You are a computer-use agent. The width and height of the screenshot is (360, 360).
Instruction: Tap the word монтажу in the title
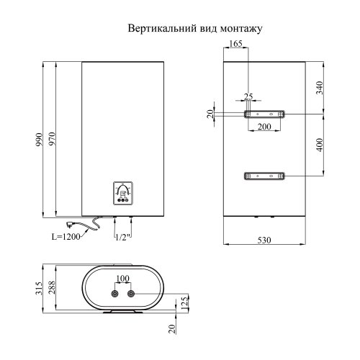point(240,29)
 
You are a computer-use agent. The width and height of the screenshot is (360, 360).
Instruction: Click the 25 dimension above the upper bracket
point(248,97)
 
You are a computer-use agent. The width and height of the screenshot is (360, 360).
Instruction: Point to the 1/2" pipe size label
point(122,236)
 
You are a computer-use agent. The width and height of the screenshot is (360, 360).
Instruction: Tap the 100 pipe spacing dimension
point(122,279)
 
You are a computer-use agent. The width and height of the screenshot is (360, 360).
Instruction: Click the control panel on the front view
point(123,192)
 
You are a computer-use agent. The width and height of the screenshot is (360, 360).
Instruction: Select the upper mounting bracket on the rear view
point(264,114)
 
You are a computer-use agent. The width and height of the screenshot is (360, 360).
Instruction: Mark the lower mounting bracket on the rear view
point(264,176)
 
